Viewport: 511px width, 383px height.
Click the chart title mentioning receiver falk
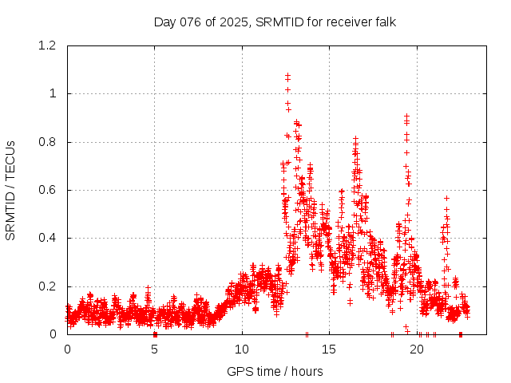[x=275, y=22]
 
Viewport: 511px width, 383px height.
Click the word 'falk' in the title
[x=385, y=22]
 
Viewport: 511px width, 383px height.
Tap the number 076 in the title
[x=191, y=22]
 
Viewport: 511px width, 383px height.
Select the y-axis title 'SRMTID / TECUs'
[x=10, y=190]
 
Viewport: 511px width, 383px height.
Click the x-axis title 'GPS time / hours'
[x=275, y=371]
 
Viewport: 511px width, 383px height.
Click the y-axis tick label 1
[x=53, y=93]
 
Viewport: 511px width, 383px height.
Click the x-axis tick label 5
[x=154, y=349]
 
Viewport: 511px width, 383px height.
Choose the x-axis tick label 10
[x=242, y=349]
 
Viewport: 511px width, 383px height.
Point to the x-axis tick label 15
[x=329, y=349]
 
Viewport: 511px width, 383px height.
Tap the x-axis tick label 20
[x=416, y=349]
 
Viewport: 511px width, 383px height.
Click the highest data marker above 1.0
[x=287, y=75]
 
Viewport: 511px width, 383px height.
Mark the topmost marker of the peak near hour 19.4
[x=406, y=116]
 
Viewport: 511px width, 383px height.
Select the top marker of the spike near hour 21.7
[x=446, y=197]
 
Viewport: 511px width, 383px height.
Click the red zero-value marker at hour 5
[x=155, y=334]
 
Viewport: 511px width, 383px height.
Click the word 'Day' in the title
[x=164, y=22]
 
